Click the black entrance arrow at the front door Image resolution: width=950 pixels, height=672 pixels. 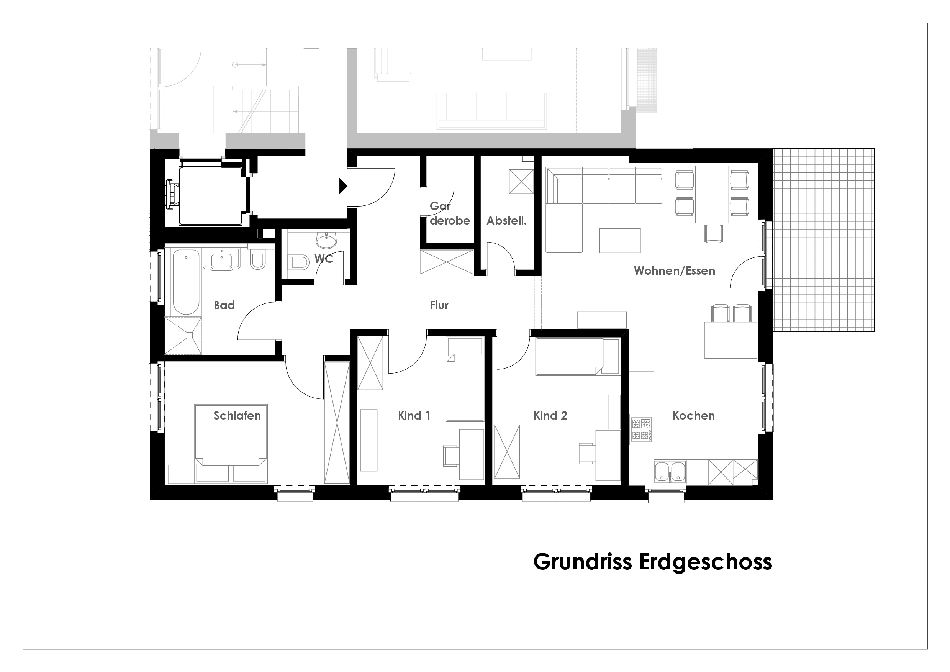(343, 186)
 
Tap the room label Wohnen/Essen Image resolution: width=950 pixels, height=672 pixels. (675, 271)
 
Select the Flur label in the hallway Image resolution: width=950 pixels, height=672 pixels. (439, 305)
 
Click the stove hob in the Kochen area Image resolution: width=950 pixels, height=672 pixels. (641, 429)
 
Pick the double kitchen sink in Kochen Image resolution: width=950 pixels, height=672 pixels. (670, 472)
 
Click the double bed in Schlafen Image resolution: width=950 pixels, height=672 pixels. (231, 443)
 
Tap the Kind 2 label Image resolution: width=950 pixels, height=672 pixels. (550, 415)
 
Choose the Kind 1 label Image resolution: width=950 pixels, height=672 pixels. (414, 415)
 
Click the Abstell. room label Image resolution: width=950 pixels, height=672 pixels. (506, 221)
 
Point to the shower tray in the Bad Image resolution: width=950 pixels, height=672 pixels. (183, 336)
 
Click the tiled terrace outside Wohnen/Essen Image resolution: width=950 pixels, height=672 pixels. (823, 240)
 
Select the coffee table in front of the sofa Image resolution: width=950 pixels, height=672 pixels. (620, 241)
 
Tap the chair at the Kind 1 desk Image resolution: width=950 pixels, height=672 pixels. (450, 456)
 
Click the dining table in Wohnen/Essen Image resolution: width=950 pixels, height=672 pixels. (712, 194)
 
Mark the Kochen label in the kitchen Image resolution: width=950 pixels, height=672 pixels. (693, 415)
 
